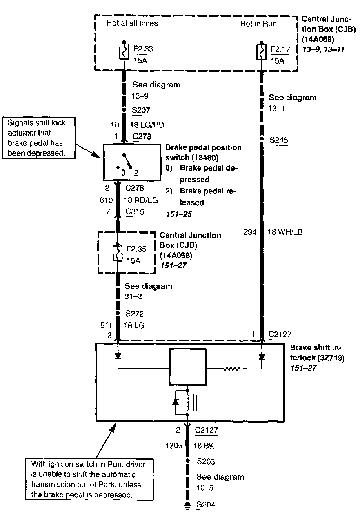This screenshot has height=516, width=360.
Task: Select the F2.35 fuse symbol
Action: [x=118, y=253]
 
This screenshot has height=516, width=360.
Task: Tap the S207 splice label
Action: [x=141, y=110]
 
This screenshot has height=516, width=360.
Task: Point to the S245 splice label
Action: [x=278, y=140]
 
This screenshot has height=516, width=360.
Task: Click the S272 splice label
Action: [x=135, y=314]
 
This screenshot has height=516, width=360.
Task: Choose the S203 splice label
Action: [x=206, y=461]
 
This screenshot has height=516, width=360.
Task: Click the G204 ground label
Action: [x=206, y=505]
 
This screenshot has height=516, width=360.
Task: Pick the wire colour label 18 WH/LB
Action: [x=284, y=232]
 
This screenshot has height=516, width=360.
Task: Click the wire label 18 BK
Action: [x=204, y=446]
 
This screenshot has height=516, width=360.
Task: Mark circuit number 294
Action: [x=251, y=232]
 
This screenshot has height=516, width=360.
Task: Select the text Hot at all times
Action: [x=132, y=23]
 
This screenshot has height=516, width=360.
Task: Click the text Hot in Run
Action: [x=258, y=24]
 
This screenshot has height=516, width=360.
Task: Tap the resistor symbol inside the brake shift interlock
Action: [x=232, y=369]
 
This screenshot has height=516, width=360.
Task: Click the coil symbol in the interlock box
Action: [x=188, y=403]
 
